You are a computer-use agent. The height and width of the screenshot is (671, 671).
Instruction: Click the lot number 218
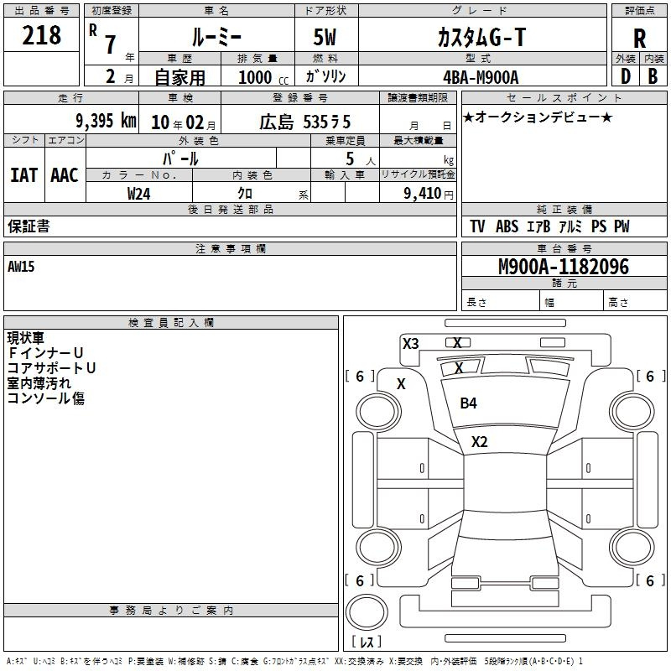(x=41, y=35)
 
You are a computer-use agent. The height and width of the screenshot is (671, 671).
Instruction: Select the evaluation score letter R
(x=639, y=39)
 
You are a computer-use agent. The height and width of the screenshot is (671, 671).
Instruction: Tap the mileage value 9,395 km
(x=106, y=121)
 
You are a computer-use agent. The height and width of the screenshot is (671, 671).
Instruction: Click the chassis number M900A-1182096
(x=564, y=267)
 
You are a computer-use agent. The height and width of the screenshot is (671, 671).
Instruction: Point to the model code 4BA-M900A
(x=481, y=77)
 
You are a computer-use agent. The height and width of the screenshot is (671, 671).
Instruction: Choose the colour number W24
(x=138, y=194)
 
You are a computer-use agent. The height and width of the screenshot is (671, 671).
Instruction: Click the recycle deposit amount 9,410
(x=423, y=194)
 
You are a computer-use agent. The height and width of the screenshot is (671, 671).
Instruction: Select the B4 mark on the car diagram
(x=468, y=403)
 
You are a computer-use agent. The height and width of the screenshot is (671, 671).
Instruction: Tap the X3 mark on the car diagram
(x=410, y=344)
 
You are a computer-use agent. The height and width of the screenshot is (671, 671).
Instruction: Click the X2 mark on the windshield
(x=479, y=442)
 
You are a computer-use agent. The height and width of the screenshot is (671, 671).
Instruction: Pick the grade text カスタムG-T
(x=481, y=37)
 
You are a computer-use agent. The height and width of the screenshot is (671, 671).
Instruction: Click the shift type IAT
(x=23, y=175)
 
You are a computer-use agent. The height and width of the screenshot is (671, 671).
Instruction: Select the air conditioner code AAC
(x=65, y=175)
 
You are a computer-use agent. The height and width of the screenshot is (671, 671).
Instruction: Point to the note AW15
(x=21, y=267)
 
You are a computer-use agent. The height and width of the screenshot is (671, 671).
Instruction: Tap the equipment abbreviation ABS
(x=507, y=226)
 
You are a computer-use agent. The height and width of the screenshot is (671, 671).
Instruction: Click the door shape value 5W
(x=325, y=37)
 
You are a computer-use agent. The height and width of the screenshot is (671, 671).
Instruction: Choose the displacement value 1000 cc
(x=263, y=77)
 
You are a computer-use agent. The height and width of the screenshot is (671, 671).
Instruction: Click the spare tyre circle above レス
(x=367, y=612)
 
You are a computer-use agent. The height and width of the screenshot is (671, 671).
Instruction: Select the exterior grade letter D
(x=625, y=76)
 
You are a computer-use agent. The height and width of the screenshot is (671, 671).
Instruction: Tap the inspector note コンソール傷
(x=46, y=398)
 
